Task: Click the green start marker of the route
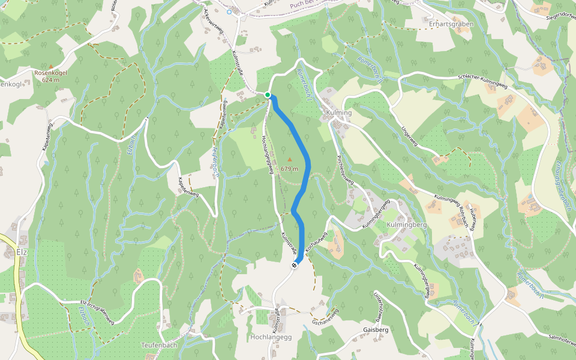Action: (x=268, y=94)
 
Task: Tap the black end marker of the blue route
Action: (x=295, y=265)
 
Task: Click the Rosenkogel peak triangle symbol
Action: (x=51, y=66)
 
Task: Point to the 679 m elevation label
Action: (x=289, y=169)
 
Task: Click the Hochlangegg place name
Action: (x=271, y=337)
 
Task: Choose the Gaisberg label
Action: (x=376, y=330)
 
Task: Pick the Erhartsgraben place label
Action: (x=451, y=24)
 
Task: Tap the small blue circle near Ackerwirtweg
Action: (x=229, y=11)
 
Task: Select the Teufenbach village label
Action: (x=159, y=345)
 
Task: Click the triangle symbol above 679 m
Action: (x=290, y=160)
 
